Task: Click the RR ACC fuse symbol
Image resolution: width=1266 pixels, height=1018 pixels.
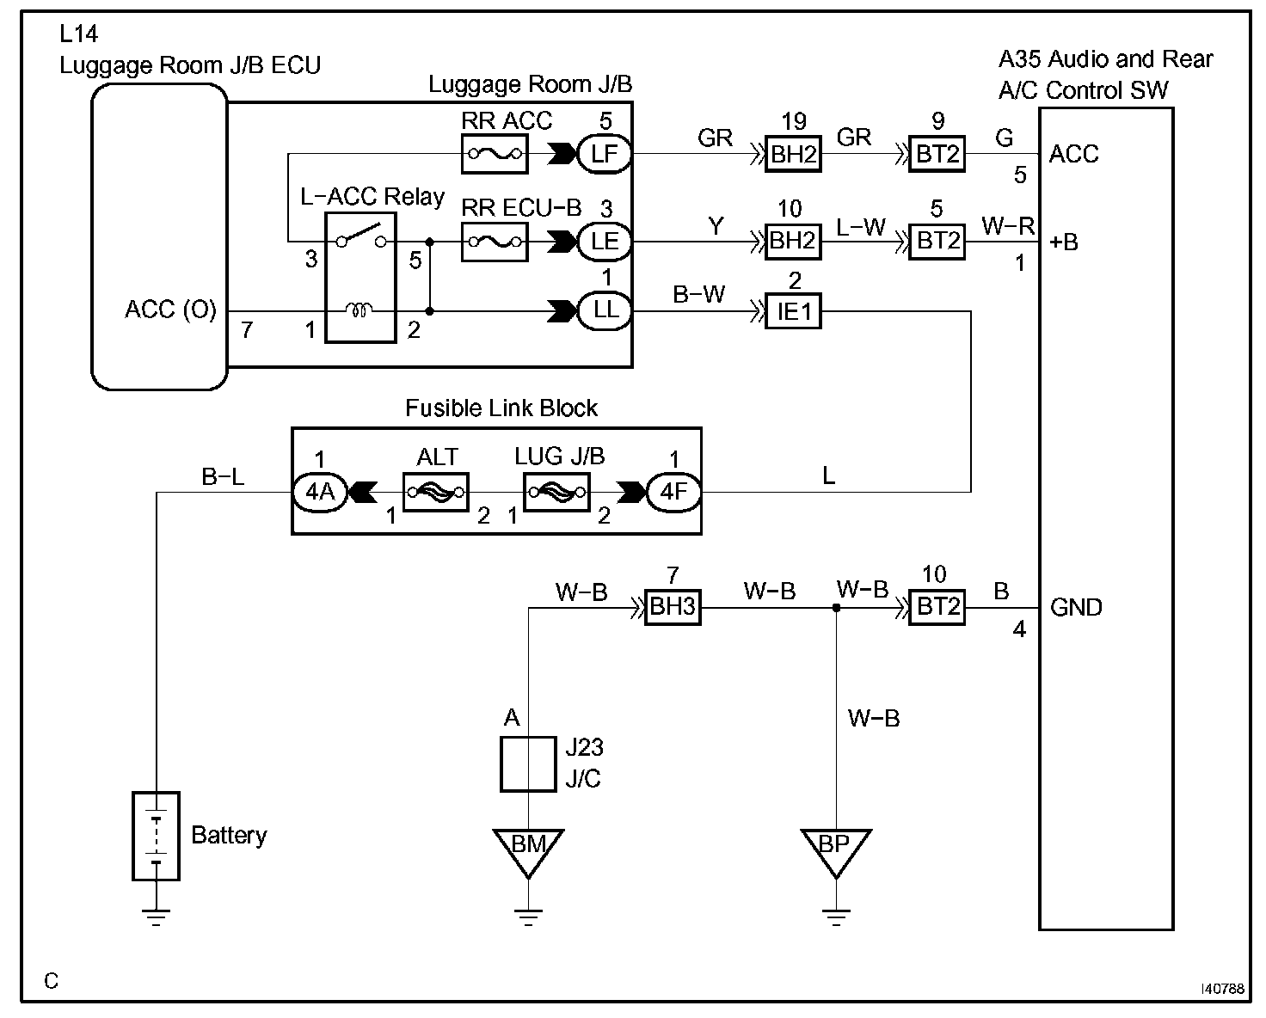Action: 495,154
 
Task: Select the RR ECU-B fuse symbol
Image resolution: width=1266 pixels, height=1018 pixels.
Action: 495,242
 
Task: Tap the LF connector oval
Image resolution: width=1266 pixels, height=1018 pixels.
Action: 604,154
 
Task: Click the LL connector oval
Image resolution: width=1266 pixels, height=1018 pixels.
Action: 604,310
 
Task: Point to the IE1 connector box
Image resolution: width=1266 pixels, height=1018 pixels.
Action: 793,311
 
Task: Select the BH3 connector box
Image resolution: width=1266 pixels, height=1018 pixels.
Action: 673,607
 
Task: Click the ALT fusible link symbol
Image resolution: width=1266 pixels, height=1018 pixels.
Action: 436,493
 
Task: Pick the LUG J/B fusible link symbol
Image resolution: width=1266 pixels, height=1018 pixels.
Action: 556,493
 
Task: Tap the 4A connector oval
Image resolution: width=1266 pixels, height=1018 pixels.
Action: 320,493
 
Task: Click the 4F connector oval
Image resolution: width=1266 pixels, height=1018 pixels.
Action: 673,493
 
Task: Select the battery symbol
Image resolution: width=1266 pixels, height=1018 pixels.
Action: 156,836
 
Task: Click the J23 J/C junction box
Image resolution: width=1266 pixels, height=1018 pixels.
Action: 528,764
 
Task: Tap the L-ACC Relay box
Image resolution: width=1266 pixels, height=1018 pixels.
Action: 360,278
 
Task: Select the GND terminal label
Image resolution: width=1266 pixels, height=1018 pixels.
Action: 1076,608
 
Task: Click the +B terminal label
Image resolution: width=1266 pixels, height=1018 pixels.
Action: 1064,242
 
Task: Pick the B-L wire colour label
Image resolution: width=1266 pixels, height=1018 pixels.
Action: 223,476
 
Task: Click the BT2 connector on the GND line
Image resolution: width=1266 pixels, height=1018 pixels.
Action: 937,607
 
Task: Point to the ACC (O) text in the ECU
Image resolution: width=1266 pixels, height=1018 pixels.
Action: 170,310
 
